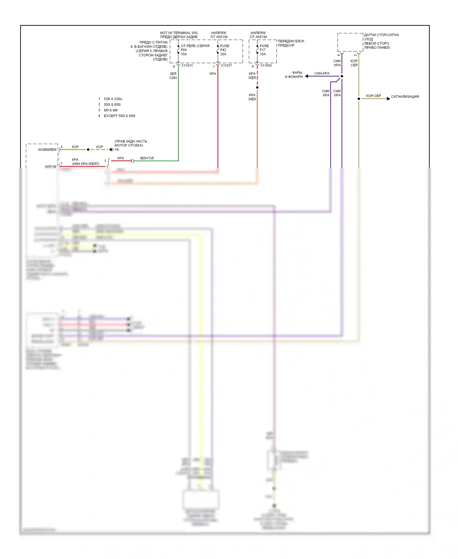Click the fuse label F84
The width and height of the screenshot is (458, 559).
184,50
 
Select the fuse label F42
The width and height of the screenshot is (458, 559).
223,50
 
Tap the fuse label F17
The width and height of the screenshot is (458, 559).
263,50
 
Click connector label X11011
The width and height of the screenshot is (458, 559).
187,65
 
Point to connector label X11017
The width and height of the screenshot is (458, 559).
226,65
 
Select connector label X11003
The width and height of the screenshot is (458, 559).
266,65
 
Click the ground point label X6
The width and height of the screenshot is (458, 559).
117,150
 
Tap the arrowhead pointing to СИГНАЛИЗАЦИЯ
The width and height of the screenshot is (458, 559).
388,99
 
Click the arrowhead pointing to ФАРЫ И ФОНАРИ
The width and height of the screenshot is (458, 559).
307,76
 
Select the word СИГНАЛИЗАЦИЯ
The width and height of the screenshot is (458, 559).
405,97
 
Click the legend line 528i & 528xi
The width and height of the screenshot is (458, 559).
113,99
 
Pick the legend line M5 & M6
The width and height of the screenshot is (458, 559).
111,110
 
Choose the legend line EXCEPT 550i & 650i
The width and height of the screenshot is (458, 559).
119,116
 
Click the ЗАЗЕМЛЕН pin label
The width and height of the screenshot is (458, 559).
47,150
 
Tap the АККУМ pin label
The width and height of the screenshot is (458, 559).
51,166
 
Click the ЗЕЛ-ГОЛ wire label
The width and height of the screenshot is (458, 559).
147,158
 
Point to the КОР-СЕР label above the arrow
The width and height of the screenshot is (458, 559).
373,96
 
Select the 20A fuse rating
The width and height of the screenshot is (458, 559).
223,54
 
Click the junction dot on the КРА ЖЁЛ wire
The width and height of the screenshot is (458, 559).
257,87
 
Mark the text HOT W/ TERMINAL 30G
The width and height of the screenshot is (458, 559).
179,33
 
